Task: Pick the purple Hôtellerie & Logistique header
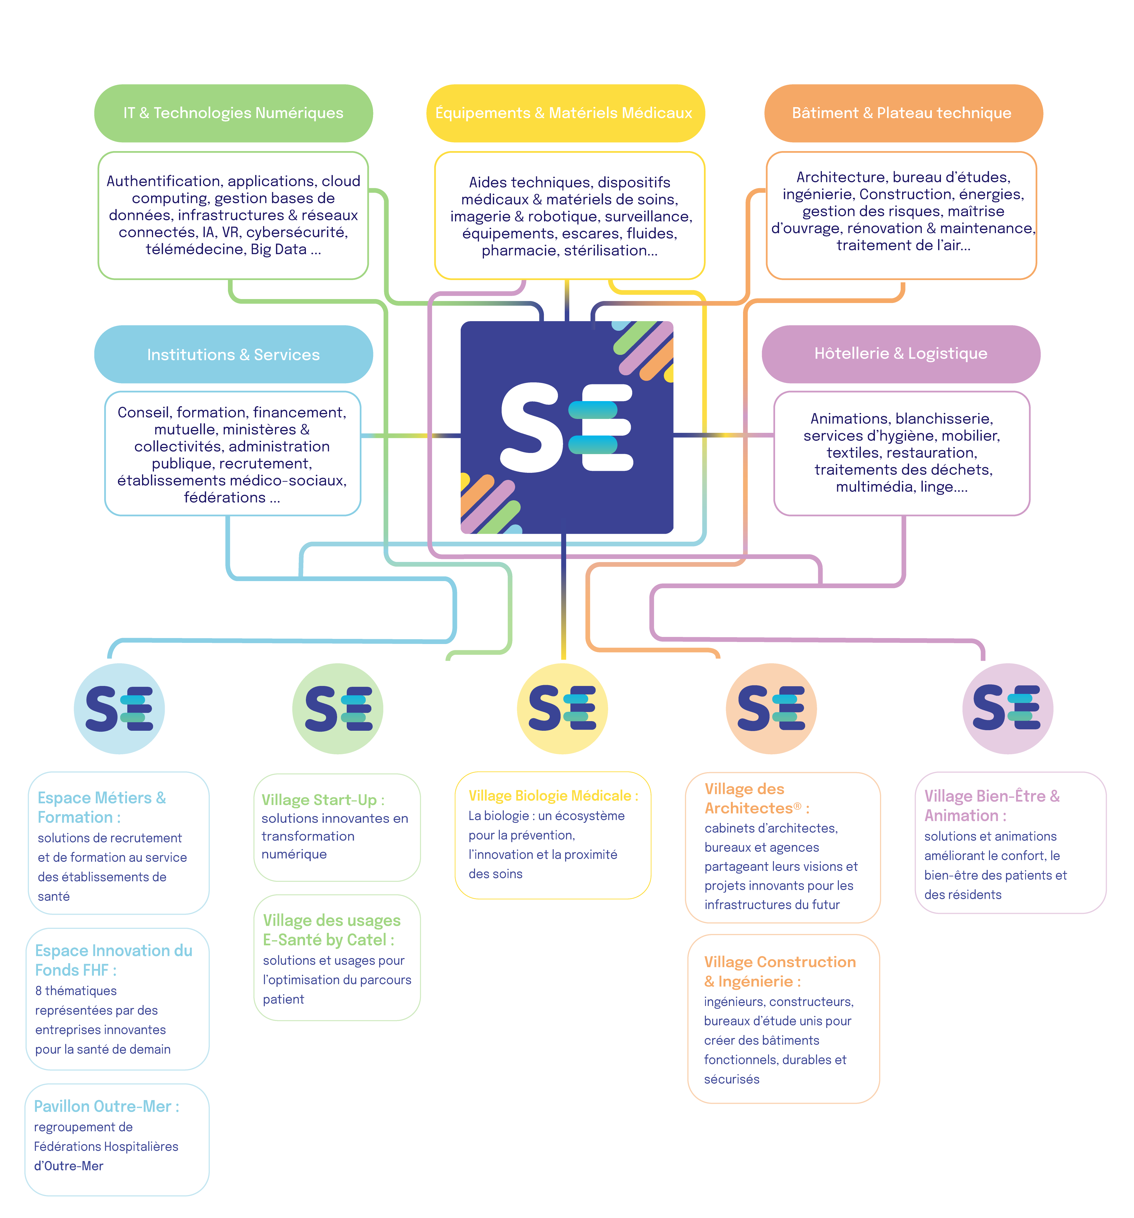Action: click(901, 353)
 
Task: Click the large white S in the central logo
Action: click(530, 428)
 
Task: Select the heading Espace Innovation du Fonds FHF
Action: click(113, 960)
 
